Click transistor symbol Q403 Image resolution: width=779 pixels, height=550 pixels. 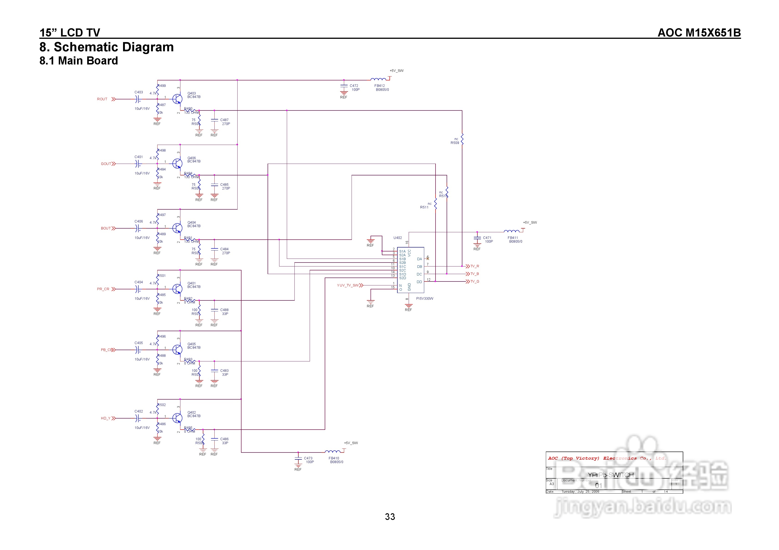pyautogui.click(x=177, y=99)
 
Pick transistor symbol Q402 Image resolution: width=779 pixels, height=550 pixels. pyautogui.click(x=177, y=418)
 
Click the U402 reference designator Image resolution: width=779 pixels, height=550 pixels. pyautogui.click(x=397, y=238)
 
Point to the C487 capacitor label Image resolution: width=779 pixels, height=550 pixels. pyautogui.click(x=224, y=120)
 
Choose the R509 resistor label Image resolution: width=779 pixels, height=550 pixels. pyautogui.click(x=455, y=143)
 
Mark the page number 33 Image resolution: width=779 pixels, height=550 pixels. pyautogui.click(x=390, y=516)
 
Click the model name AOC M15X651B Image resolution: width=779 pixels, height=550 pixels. pyautogui.click(x=699, y=33)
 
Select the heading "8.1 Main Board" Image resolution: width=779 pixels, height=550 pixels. pyautogui.click(x=79, y=61)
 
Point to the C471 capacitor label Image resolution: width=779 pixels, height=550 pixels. pyautogui.click(x=487, y=238)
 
